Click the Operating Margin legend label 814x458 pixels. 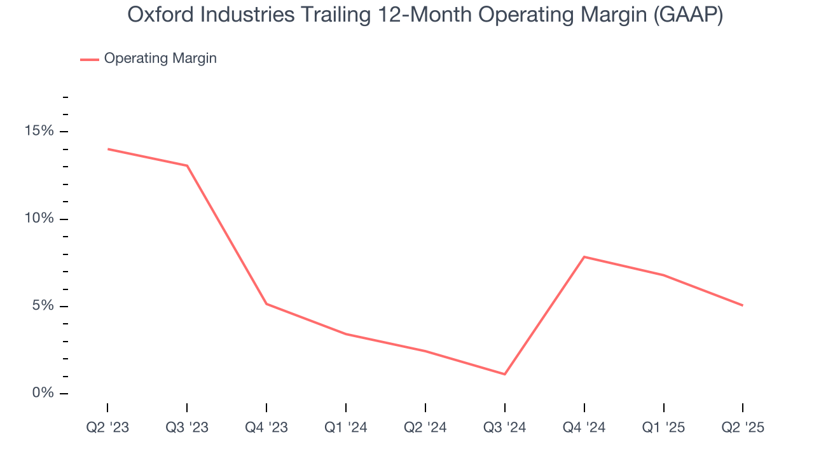[160, 59]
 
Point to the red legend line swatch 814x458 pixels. [89, 59]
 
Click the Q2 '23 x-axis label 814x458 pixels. [107, 427]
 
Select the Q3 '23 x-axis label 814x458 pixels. [187, 427]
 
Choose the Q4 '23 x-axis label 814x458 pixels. [266, 427]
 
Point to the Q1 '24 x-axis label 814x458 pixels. [346, 427]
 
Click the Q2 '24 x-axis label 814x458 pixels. [425, 427]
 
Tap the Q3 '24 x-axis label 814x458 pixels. [505, 427]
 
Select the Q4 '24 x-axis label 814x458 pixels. [584, 427]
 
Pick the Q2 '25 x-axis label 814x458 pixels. [743, 427]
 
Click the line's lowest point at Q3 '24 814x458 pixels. [505, 374]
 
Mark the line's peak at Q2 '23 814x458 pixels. [107, 149]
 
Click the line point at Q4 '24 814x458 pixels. [584, 257]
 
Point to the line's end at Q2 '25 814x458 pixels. [743, 305]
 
